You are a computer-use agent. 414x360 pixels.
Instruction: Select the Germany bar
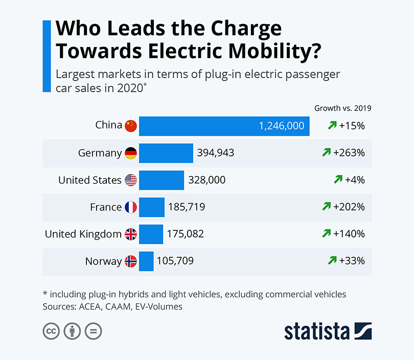166,153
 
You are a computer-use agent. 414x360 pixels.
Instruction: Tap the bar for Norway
146,261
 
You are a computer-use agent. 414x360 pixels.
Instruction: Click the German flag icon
131,153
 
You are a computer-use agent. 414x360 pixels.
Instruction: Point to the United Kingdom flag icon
131,234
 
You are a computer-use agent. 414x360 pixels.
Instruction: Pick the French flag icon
131,207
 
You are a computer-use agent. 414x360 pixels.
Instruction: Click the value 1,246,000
282,126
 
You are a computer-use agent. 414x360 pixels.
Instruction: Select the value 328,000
206,180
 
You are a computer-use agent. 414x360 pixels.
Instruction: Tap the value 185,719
186,207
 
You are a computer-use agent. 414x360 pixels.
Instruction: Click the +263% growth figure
349,153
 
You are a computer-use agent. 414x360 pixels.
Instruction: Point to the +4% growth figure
354,180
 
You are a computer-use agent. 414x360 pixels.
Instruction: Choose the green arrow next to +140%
327,234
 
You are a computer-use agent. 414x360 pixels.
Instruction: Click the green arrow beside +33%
332,261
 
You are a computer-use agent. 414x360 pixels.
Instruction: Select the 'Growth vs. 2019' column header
342,108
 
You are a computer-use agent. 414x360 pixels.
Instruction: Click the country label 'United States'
90,180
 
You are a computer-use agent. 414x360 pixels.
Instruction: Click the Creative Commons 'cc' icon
51,331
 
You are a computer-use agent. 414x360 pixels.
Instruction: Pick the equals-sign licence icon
93,331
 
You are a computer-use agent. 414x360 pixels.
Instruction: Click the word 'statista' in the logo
317,331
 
